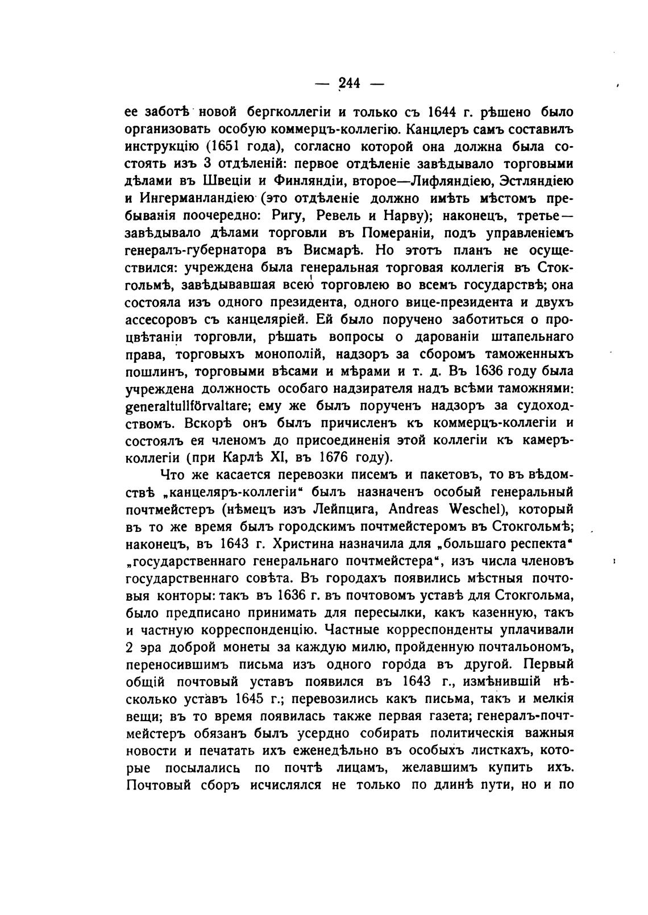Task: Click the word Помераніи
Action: pos(380,234)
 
